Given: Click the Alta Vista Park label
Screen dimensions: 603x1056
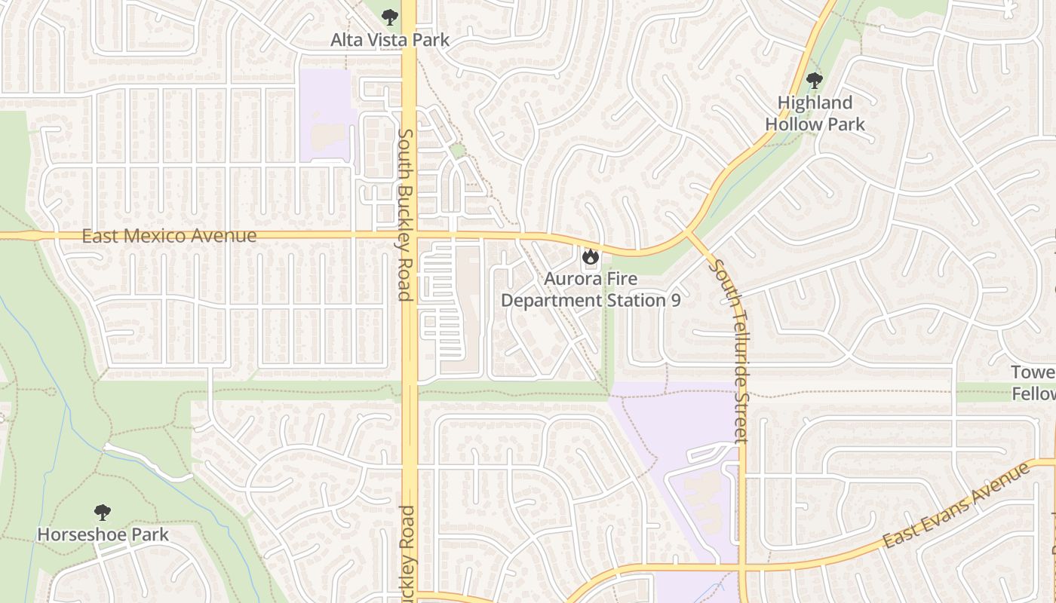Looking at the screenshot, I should pos(389,40).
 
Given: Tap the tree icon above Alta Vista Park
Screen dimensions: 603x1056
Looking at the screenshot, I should pos(389,17).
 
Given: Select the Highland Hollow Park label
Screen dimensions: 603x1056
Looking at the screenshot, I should pos(815,113).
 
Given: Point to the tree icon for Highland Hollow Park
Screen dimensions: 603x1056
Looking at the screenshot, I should pos(813,80).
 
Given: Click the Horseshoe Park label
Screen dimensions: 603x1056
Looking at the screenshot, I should pos(103,534).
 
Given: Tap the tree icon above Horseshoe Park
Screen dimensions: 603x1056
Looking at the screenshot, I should pos(103,513).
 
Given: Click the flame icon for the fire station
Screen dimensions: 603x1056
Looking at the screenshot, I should pos(590,257).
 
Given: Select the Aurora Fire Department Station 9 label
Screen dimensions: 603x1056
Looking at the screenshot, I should pos(591,289).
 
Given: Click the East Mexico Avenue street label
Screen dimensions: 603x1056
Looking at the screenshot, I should pos(169,236).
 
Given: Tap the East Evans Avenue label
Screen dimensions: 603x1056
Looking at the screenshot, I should pos(956,506).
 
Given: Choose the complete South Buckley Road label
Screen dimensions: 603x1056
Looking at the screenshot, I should pos(405,215).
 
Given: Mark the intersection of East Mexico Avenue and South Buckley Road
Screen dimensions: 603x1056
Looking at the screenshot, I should pos(409,235).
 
